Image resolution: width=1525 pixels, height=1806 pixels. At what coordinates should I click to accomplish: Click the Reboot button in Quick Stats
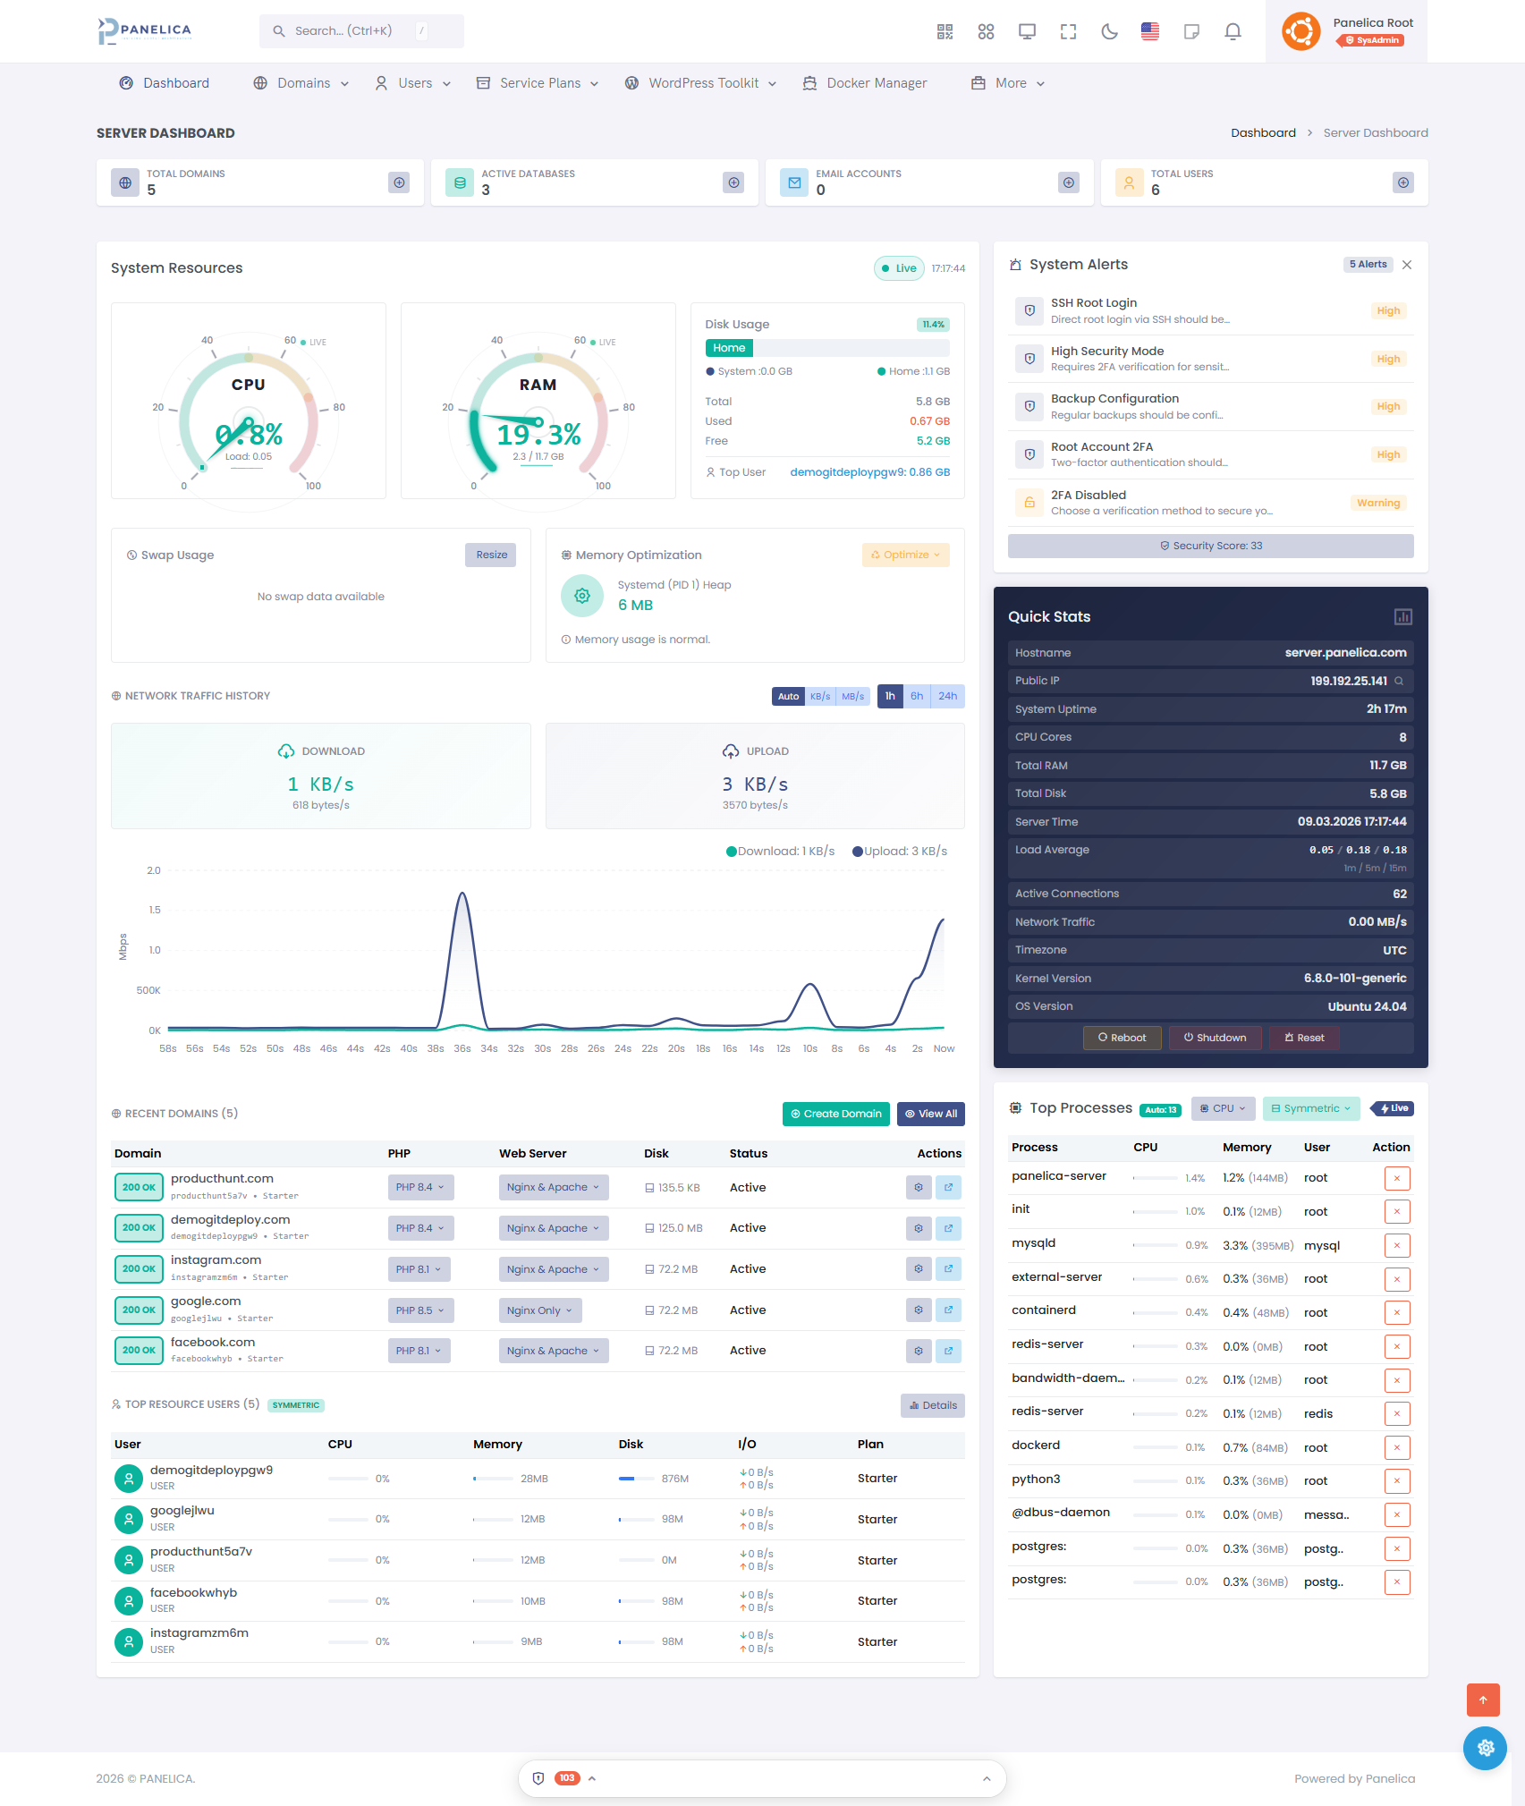1122,1038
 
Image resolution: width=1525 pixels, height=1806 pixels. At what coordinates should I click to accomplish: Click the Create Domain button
835,1114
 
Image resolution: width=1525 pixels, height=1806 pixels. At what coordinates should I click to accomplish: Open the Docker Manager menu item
865,83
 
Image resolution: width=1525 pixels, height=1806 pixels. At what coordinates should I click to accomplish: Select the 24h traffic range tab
947,696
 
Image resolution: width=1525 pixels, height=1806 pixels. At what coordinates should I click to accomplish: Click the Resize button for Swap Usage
491,555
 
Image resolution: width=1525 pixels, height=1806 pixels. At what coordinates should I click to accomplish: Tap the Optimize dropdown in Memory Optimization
905,555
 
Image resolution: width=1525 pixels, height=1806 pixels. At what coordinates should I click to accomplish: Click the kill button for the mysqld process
1396,1245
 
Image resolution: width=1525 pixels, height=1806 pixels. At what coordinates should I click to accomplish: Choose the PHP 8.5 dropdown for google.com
420,1310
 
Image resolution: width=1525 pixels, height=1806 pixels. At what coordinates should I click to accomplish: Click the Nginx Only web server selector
539,1310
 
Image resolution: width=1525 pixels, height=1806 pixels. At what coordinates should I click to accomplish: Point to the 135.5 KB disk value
679,1188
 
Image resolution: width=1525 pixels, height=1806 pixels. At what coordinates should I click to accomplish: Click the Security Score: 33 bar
1210,546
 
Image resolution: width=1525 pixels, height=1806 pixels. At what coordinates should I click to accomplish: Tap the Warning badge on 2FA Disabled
1377,503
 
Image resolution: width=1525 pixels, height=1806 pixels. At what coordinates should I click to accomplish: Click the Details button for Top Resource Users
932,1405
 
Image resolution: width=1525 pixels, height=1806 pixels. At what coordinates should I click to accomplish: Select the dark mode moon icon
1109,32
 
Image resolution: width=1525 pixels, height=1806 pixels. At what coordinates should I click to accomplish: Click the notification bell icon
1233,32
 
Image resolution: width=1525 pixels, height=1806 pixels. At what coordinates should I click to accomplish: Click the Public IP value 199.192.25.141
1348,681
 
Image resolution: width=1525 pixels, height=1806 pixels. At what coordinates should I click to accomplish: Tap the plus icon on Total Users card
1402,182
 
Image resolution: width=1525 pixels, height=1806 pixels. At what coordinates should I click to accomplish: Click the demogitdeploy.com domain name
230,1219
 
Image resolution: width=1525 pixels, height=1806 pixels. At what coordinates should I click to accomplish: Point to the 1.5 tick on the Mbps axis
155,910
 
